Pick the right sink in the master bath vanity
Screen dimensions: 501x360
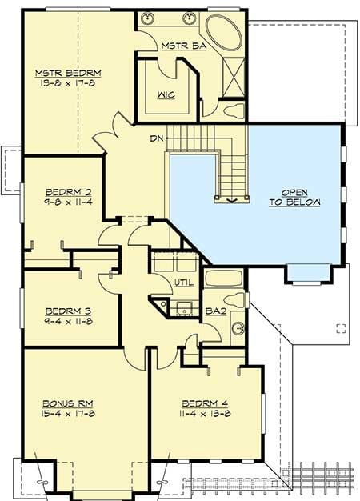[190, 18]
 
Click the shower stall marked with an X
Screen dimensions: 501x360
[234, 77]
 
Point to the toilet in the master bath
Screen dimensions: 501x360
[231, 109]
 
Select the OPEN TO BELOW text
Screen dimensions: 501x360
[294, 198]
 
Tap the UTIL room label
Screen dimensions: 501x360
[183, 282]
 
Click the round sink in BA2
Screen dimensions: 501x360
[237, 328]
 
